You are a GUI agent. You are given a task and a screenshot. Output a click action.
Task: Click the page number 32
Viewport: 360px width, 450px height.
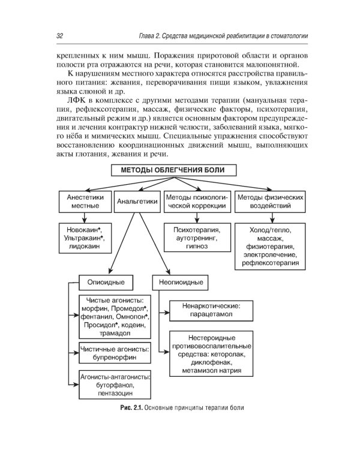(59, 36)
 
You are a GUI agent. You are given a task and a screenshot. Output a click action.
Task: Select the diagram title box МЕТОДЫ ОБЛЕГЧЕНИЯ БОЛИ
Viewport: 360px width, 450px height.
(173, 170)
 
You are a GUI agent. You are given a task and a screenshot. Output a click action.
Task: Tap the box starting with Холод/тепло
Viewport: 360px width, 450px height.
(269, 246)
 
